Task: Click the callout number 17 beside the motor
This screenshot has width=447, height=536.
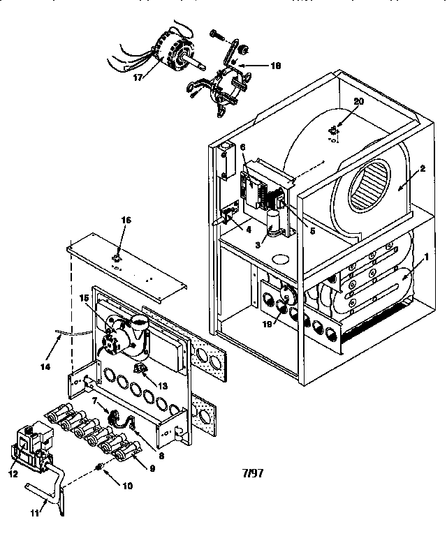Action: coord(137,78)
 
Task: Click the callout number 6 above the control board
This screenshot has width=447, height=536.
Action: coord(242,148)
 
